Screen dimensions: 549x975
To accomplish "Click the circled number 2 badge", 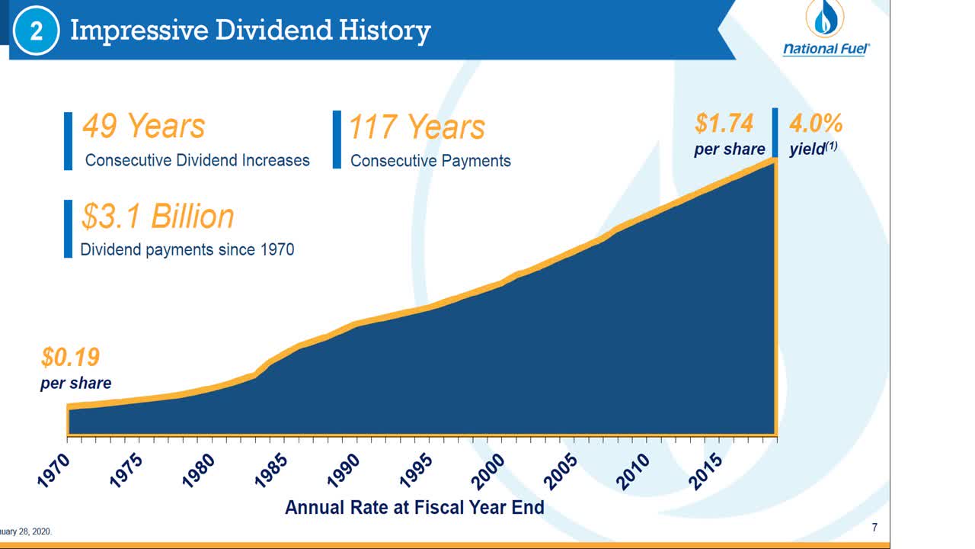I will pyautogui.click(x=36, y=32).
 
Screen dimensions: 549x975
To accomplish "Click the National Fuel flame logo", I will pyautogui.click(x=826, y=20).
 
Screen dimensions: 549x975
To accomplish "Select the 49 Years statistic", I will pyautogui.click(x=143, y=126).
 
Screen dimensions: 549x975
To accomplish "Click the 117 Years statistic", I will pyautogui.click(x=416, y=127).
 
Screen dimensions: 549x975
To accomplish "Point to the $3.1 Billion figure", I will pyautogui.click(x=158, y=217).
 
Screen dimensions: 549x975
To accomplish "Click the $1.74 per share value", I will pyautogui.click(x=724, y=124).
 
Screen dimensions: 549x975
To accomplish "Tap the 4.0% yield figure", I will pyautogui.click(x=815, y=124).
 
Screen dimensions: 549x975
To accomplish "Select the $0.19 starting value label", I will pyautogui.click(x=70, y=357).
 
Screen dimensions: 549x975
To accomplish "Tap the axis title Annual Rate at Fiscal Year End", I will pyautogui.click(x=414, y=507).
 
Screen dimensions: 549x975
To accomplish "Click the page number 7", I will pyautogui.click(x=874, y=528).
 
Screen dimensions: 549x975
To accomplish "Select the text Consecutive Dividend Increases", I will pyautogui.click(x=197, y=160).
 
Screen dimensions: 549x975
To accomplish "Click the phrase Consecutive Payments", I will pyautogui.click(x=430, y=161).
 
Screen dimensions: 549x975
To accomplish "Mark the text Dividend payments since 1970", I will pyautogui.click(x=187, y=249).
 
